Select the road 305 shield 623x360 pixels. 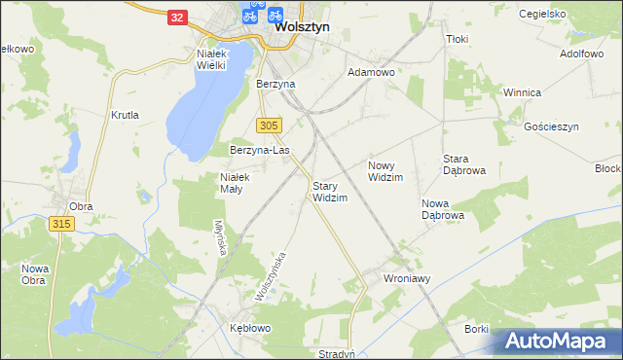click(x=270, y=126)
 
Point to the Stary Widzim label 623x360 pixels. click(x=330, y=191)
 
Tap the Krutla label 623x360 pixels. click(x=126, y=114)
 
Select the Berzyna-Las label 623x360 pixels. click(x=260, y=151)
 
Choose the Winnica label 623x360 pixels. click(x=521, y=92)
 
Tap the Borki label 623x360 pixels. click(x=476, y=329)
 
